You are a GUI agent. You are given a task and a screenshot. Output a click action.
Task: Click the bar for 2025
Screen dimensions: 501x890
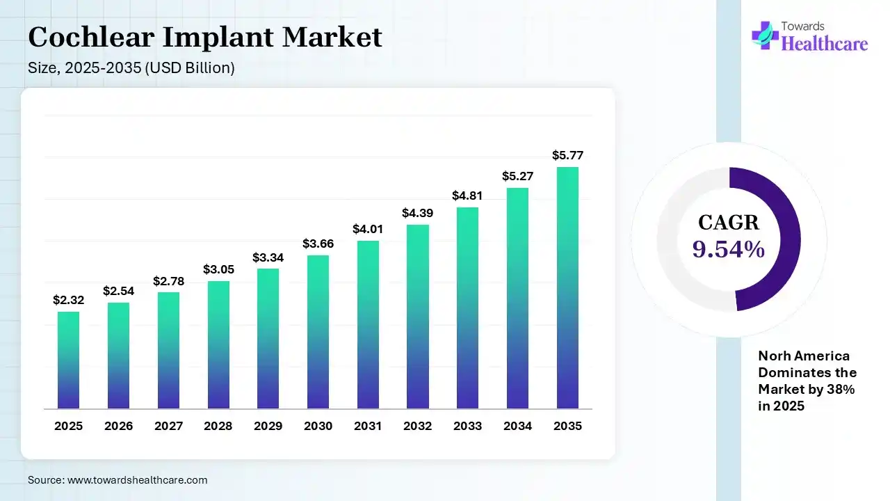pyautogui.click(x=68, y=360)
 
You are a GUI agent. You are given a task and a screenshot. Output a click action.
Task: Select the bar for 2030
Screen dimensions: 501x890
pyautogui.click(x=318, y=332)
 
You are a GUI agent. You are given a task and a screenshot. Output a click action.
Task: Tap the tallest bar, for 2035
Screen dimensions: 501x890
pyautogui.click(x=567, y=287)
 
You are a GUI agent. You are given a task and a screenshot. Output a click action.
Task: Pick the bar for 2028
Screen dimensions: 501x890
pyautogui.click(x=218, y=344)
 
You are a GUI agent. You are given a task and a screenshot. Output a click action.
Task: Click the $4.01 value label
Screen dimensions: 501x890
pyautogui.click(x=368, y=229)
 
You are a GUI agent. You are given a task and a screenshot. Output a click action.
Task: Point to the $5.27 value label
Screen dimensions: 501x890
pyautogui.click(x=517, y=176)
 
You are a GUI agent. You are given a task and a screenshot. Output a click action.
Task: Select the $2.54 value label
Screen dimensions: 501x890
pyautogui.click(x=118, y=291)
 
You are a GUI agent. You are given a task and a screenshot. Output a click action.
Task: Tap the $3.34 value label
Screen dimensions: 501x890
pyautogui.click(x=268, y=257)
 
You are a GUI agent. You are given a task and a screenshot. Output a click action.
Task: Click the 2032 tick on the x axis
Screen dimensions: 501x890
pyautogui.click(x=417, y=426)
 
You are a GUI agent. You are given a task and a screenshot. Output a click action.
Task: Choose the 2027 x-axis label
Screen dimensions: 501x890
pyautogui.click(x=168, y=426)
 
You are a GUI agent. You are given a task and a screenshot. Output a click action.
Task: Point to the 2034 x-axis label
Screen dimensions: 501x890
pyautogui.click(x=517, y=426)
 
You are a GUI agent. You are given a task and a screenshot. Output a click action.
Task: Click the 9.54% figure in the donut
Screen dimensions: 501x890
pyautogui.click(x=729, y=248)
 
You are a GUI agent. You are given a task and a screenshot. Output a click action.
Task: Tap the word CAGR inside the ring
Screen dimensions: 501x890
pyautogui.click(x=729, y=223)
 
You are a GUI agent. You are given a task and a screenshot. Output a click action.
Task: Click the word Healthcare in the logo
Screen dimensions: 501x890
pyautogui.click(x=825, y=44)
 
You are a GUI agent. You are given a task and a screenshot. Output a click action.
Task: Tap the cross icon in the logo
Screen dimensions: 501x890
pyautogui.click(x=765, y=35)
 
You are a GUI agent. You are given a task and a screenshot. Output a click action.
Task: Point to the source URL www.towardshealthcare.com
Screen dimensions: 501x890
pyautogui.click(x=136, y=480)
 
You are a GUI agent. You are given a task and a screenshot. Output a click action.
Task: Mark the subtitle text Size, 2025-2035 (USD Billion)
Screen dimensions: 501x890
pyautogui.click(x=131, y=68)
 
